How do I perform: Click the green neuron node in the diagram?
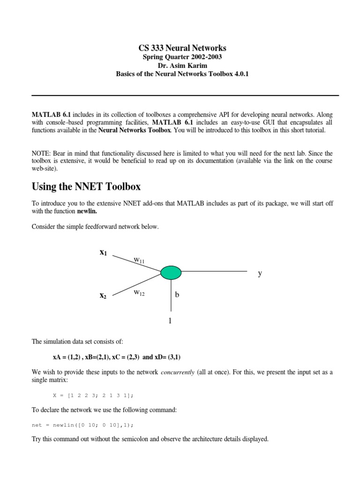(x=171, y=272)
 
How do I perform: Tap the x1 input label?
(x=103, y=253)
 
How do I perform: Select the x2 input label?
(x=103, y=296)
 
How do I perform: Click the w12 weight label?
(x=139, y=292)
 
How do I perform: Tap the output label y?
(x=259, y=273)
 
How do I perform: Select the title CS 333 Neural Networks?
(x=182, y=48)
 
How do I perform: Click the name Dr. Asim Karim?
(x=182, y=66)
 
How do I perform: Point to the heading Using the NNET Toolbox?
(x=86, y=187)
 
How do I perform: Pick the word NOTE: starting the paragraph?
(x=40, y=153)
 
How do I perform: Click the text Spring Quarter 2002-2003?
(x=182, y=57)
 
